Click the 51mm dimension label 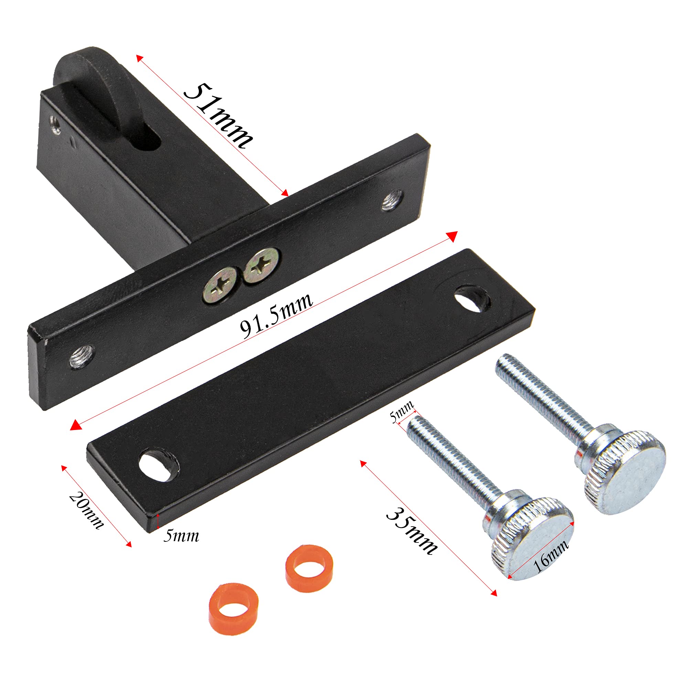coord(218,116)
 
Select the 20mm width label coord(86,510)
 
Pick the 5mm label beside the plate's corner coord(181,536)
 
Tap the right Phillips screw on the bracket coord(261,266)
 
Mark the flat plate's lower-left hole coord(157,465)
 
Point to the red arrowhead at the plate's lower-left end coord(75,425)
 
